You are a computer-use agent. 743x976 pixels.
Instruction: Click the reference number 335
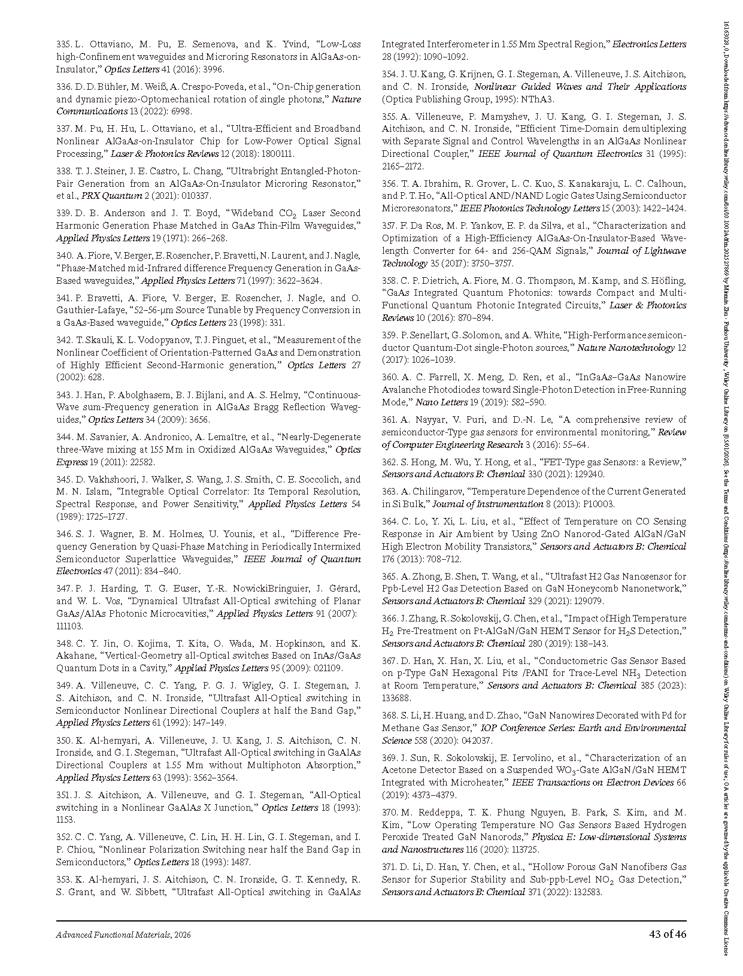64,44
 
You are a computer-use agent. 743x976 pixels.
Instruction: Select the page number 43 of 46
668,935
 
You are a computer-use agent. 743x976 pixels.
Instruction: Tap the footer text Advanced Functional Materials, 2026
123,935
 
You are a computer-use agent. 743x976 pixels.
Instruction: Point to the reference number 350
64,740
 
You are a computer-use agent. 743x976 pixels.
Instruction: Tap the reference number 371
390,867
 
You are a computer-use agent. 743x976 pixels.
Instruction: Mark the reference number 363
390,492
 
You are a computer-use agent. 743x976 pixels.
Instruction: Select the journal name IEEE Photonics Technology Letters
529,208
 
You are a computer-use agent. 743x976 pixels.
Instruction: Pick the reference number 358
390,281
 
